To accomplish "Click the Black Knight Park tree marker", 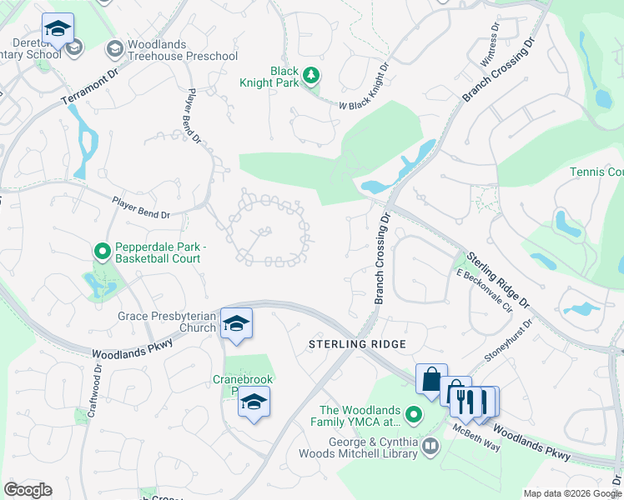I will point(310,77).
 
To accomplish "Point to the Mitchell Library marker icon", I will point(430,447).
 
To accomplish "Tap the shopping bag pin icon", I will point(431,380).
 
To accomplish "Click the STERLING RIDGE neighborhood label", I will point(357,344).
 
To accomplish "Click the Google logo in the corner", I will point(28,490).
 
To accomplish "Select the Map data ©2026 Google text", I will point(571,493).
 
